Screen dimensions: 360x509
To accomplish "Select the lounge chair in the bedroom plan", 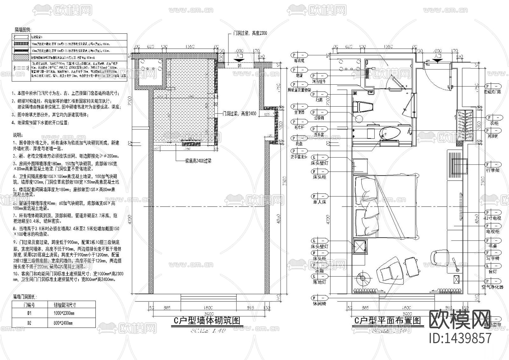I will coord(390,273).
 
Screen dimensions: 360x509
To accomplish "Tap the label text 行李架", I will coord(493,170).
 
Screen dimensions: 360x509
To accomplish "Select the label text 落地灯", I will coord(319,282).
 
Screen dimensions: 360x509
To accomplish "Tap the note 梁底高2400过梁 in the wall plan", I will coord(198,161).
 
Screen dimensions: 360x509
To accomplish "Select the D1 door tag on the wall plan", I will coord(240,66).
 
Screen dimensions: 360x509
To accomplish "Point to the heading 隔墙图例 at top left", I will coord(23,29).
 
